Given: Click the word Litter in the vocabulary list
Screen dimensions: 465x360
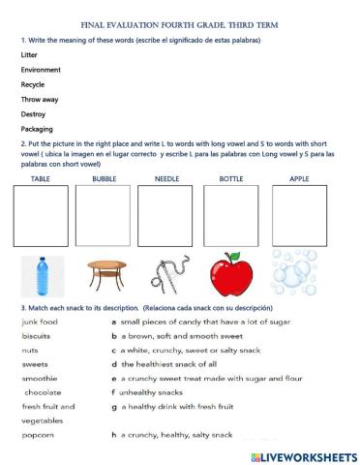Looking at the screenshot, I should point(30,55).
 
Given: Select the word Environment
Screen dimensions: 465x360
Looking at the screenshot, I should point(41,70).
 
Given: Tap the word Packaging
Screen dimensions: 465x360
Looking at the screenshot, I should point(37,129).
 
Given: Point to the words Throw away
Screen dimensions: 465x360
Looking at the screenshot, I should point(39,99).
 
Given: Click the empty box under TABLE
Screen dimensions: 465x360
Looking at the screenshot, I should point(41,216).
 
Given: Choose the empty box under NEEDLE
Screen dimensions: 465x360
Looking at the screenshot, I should point(165,216).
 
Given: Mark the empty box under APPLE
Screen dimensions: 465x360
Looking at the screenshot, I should point(300,216).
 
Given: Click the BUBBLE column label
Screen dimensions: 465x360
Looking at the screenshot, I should point(104,179).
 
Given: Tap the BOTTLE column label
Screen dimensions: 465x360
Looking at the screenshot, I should point(231,179).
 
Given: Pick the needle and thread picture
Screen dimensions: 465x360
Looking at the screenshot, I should point(168,275).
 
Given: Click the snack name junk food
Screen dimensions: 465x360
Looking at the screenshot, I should point(40,321).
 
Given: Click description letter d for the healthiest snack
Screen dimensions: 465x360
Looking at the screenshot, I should point(113,363).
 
